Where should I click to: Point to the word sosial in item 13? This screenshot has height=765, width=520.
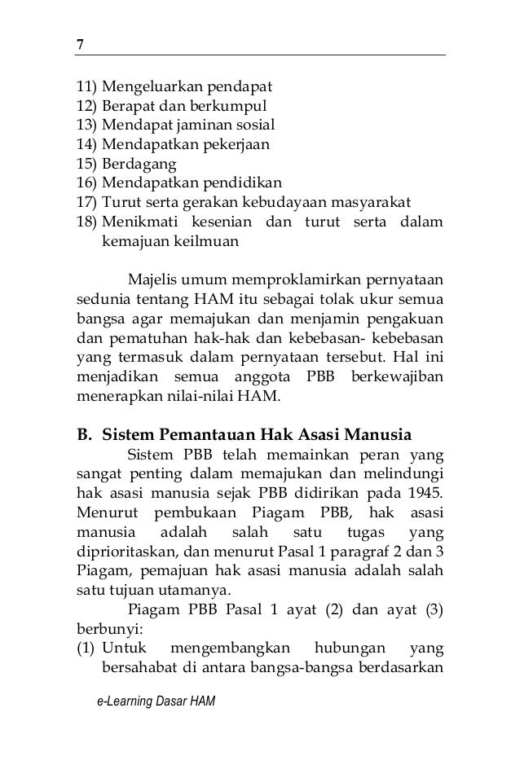(252, 125)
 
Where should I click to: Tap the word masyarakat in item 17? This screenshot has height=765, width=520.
(370, 204)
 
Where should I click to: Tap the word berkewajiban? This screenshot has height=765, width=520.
(402, 380)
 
